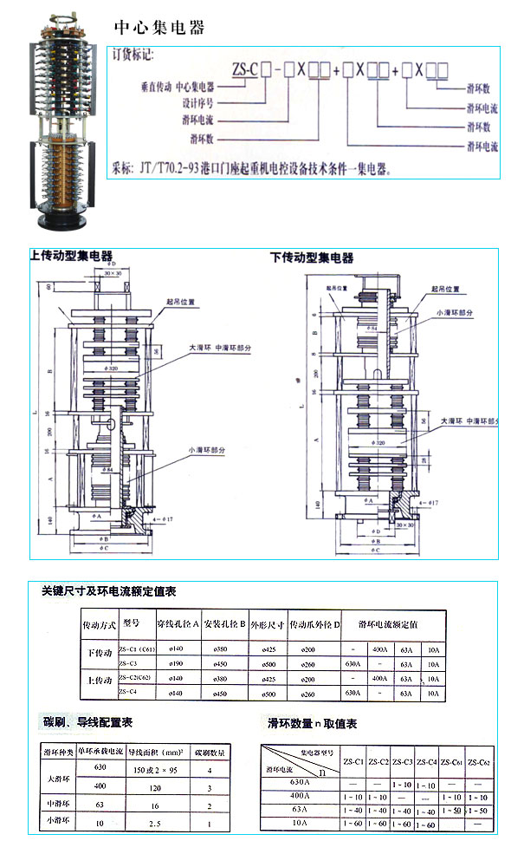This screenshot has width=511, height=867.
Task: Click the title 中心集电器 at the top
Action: tap(159, 28)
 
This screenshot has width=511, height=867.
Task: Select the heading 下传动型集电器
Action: tap(312, 257)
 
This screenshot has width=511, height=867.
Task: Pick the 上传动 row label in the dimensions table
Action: tap(96, 681)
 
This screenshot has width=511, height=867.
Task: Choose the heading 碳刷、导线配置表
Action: tap(87, 721)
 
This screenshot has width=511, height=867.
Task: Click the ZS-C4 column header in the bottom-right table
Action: tap(426, 762)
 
